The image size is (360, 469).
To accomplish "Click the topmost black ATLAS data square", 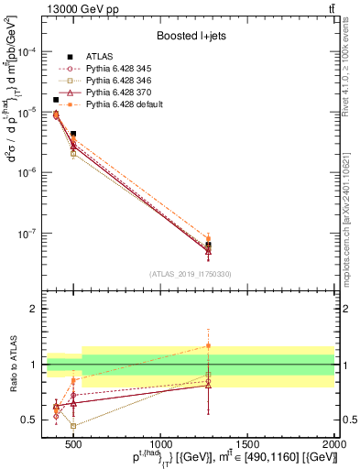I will click(x=56, y=100).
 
